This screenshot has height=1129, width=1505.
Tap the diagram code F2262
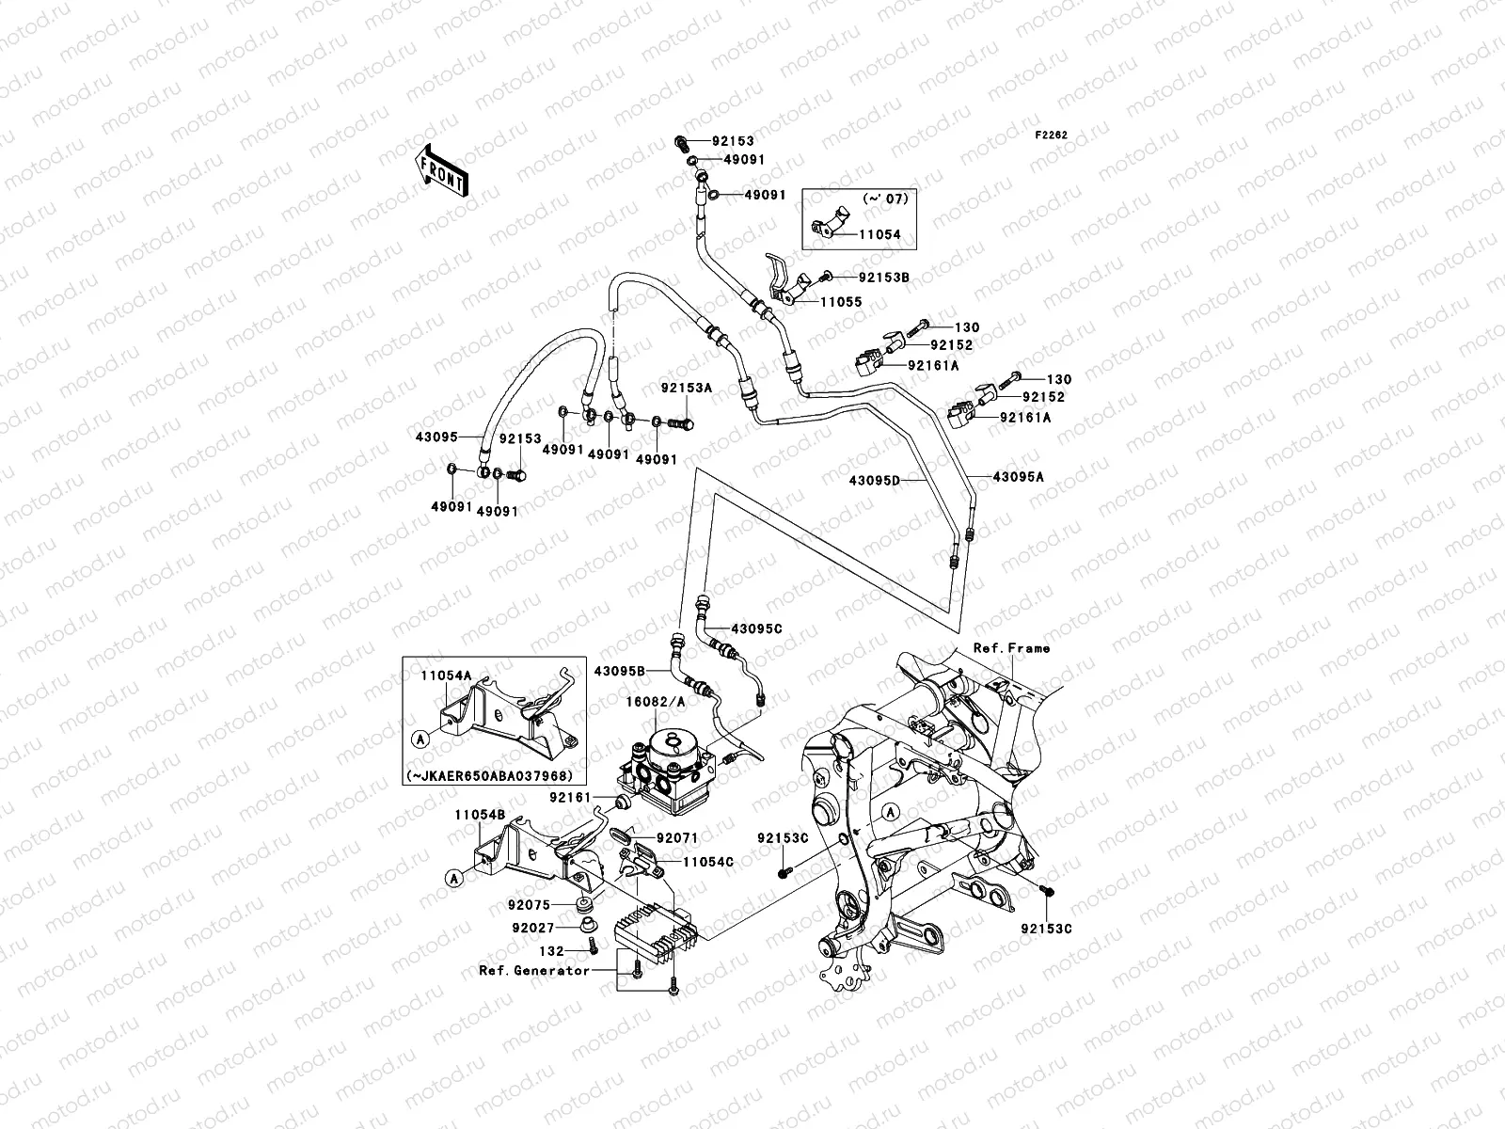pyautogui.click(x=1052, y=135)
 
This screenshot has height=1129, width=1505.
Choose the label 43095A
pyautogui.click(x=1019, y=477)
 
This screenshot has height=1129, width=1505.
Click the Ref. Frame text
pyautogui.click(x=1011, y=648)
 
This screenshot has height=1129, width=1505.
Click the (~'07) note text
pyautogui.click(x=883, y=199)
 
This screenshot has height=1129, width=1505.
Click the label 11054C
pyautogui.click(x=708, y=861)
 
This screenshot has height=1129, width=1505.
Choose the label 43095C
pyautogui.click(x=756, y=628)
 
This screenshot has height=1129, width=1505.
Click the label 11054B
pyautogui.click(x=480, y=815)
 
